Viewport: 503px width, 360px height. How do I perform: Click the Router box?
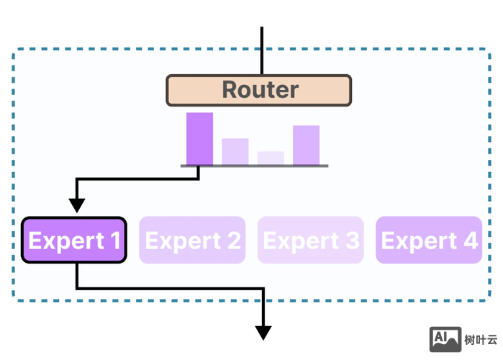click(x=259, y=90)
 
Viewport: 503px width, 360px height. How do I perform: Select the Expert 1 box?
click(x=74, y=240)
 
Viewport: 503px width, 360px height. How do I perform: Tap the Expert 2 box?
click(x=192, y=240)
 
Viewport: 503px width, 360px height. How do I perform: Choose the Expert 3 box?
click(x=310, y=240)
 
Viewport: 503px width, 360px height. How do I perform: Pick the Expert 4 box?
click(x=429, y=240)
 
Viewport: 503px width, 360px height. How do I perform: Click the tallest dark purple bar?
click(x=199, y=139)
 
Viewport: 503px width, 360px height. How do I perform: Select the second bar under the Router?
click(x=235, y=152)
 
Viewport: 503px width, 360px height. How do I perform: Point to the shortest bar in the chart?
click(x=271, y=158)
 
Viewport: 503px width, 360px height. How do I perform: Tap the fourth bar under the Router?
click(x=306, y=145)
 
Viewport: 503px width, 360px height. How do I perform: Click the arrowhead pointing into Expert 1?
click(x=77, y=206)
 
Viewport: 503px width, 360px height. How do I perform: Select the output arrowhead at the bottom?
click(x=263, y=332)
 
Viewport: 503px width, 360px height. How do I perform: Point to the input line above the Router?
click(x=262, y=50)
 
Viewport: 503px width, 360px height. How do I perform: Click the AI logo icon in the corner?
click(x=445, y=339)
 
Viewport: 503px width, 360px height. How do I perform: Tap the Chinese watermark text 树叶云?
click(x=481, y=340)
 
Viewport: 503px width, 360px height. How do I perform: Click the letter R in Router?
click(x=230, y=90)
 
